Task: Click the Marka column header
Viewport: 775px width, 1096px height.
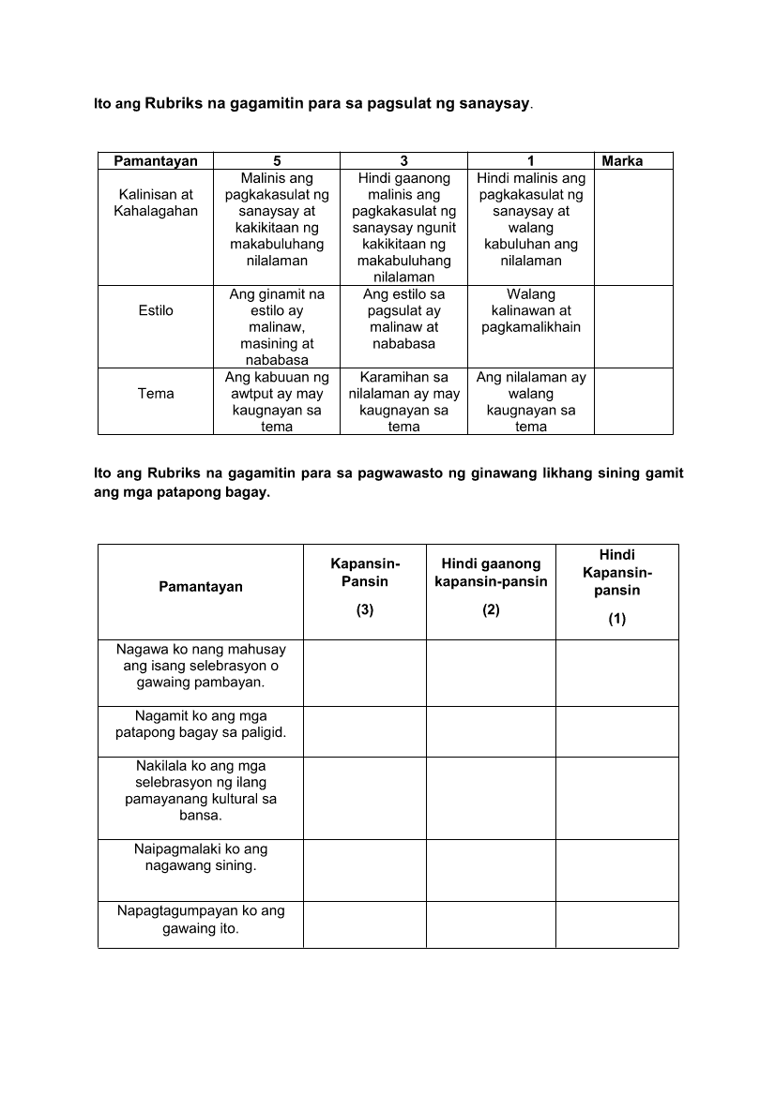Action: click(x=622, y=161)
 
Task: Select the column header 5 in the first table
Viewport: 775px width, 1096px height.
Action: click(x=277, y=161)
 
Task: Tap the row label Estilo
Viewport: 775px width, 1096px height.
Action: click(x=156, y=310)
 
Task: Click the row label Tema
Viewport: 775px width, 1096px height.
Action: click(x=156, y=394)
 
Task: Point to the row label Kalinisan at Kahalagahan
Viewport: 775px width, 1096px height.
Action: click(x=156, y=203)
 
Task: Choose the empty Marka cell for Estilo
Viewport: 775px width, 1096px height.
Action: click(x=633, y=326)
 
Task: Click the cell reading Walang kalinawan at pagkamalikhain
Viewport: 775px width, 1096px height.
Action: click(x=531, y=310)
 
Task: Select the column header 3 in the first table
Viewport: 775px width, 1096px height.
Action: click(x=403, y=161)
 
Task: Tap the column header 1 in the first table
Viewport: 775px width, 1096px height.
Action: click(x=531, y=161)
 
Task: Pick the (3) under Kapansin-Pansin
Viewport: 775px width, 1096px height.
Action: click(x=364, y=610)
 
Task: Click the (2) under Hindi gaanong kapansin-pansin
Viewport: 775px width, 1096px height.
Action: click(x=491, y=610)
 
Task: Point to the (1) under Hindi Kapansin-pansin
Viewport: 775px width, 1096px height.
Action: click(x=616, y=619)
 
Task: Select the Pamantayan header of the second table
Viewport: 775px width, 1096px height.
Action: click(x=201, y=587)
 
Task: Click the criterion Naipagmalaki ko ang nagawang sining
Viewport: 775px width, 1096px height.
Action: click(x=201, y=857)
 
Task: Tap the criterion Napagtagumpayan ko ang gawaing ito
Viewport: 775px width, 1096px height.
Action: click(x=201, y=920)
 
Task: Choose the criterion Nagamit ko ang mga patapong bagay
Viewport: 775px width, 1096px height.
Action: click(x=201, y=724)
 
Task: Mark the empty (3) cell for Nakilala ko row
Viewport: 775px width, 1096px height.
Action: click(x=364, y=798)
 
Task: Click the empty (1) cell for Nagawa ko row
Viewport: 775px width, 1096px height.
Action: click(x=616, y=672)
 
